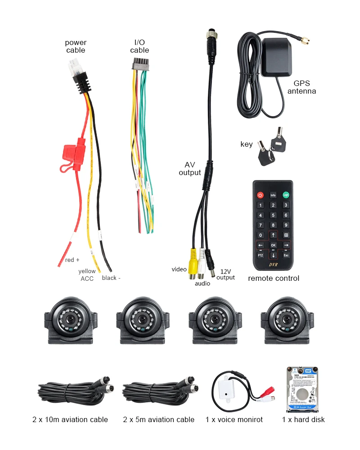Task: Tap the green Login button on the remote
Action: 285,195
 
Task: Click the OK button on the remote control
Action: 273,245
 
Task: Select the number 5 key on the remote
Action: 273,215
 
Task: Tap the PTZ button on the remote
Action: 260,256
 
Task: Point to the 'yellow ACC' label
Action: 87,275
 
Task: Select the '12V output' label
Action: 226,274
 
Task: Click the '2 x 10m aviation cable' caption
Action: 70,419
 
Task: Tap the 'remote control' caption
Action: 274,278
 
